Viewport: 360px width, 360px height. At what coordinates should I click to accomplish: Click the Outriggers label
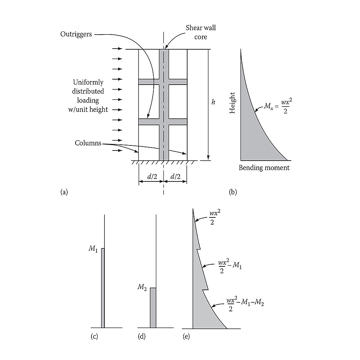(x=76, y=35)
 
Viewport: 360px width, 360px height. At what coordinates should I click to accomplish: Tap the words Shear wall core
(x=201, y=32)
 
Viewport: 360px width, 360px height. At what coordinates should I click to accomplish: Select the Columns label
(x=88, y=143)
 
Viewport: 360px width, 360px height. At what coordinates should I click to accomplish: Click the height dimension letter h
(x=213, y=102)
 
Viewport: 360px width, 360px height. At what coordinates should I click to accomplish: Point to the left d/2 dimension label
(x=152, y=176)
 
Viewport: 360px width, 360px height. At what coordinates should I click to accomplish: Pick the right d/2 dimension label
(x=175, y=176)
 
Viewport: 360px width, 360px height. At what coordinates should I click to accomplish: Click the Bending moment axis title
(x=264, y=168)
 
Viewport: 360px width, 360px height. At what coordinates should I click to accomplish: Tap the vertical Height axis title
(x=232, y=103)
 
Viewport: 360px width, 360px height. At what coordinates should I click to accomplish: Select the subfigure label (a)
(x=64, y=192)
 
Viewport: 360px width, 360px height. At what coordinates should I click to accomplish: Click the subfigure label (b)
(x=233, y=192)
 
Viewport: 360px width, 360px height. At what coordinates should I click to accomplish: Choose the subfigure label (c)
(x=94, y=336)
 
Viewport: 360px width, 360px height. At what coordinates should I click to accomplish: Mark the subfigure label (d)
(x=141, y=336)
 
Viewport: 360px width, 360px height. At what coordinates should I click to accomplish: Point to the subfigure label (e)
(x=186, y=336)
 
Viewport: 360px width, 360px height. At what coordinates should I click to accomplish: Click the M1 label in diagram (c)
(x=93, y=249)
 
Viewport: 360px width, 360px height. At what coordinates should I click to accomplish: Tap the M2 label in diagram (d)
(x=142, y=287)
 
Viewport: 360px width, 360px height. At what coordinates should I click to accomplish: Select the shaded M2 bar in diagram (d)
(x=153, y=308)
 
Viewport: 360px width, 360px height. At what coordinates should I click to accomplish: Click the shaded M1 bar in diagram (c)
(x=103, y=288)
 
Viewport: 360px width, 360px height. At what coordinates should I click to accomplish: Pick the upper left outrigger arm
(x=149, y=82)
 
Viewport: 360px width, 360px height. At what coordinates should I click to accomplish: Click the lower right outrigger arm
(x=178, y=122)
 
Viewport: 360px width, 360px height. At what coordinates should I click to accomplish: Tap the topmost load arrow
(x=117, y=49)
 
